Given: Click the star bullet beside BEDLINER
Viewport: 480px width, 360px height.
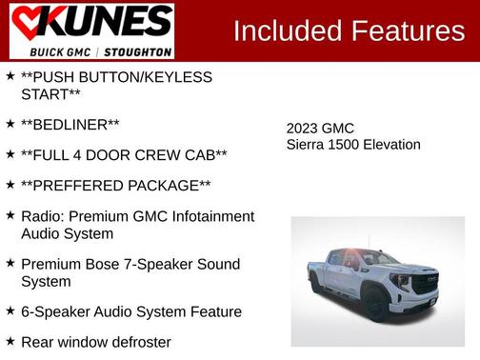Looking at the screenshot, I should tap(10, 124).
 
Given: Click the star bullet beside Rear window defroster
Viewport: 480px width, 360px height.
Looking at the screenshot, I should tap(10, 341).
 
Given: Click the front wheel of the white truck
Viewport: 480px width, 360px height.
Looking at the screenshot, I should tap(375, 304).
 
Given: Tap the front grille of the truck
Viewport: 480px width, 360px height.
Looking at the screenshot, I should tap(425, 283).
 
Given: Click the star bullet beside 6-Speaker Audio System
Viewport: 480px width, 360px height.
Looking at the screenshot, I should tap(10, 310).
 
